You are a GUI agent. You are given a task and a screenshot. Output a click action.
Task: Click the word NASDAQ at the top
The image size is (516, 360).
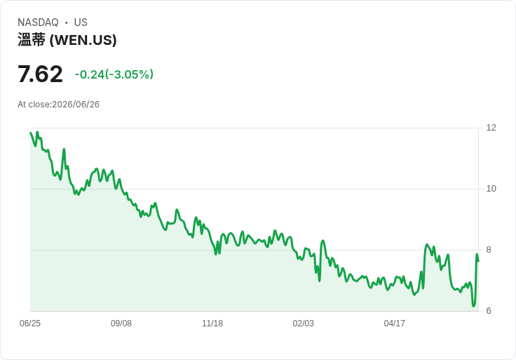tap(38, 22)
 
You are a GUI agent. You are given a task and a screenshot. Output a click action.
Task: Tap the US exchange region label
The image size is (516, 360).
tap(81, 22)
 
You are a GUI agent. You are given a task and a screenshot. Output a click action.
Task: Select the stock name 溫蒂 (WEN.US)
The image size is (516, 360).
tap(67, 40)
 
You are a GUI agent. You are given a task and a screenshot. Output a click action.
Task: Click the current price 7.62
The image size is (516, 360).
tap(40, 74)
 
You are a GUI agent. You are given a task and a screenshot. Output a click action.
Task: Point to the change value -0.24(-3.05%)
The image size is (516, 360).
tap(114, 74)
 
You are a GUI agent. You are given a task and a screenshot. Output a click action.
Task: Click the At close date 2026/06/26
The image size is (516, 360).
tap(76, 105)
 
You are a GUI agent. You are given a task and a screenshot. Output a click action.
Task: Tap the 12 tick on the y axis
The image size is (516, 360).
tap(491, 128)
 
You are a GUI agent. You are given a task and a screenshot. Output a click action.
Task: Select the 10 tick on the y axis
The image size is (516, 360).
tap(491, 189)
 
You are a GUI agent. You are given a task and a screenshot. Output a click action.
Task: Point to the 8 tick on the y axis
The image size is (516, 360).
tap(489, 250)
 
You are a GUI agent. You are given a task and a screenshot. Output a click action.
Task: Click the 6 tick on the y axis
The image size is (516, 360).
tap(489, 311)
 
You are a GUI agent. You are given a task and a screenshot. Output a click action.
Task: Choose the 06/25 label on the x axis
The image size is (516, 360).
tap(30, 324)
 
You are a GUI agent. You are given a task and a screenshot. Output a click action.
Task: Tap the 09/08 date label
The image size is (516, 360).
tap(121, 324)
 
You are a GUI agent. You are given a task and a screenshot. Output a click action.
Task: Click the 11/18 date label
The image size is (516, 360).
tap(212, 324)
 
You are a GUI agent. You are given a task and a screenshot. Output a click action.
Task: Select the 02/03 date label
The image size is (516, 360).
tap(304, 324)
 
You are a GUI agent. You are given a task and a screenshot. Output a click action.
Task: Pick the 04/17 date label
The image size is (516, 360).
tap(394, 324)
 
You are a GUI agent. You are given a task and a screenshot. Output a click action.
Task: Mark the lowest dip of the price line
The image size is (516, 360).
tap(473, 306)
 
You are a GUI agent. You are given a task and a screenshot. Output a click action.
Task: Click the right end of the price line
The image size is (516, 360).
tap(478, 261)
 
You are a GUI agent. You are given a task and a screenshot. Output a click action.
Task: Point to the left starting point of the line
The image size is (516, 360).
tap(30, 133)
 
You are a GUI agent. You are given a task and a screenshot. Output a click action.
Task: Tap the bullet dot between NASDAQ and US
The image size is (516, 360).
tap(67, 22)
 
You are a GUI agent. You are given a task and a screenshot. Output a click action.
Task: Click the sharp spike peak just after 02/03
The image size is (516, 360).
tap(323, 241)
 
